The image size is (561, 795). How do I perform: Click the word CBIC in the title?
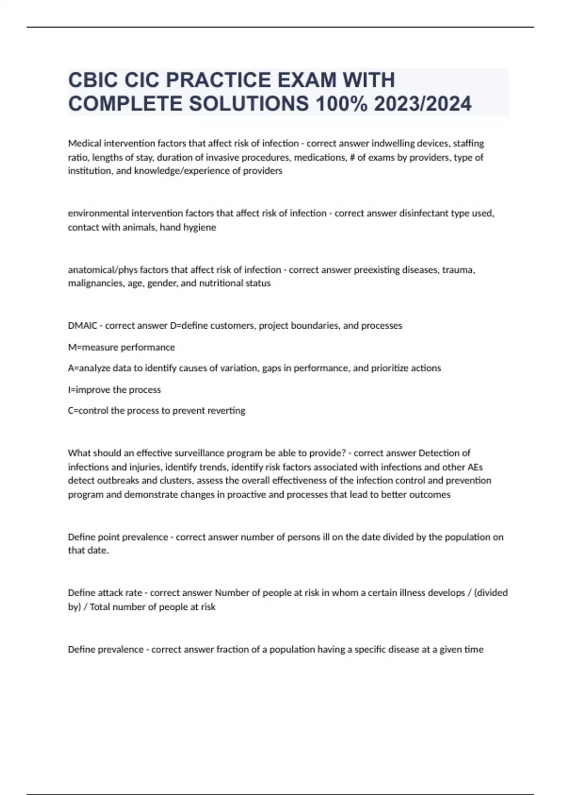(x=92, y=80)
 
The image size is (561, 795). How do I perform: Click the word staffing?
(x=468, y=143)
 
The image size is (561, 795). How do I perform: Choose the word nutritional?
(x=221, y=283)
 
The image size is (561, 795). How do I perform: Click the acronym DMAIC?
(x=82, y=325)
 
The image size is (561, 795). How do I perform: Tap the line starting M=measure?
(x=122, y=347)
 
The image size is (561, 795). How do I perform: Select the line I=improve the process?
(x=115, y=390)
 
